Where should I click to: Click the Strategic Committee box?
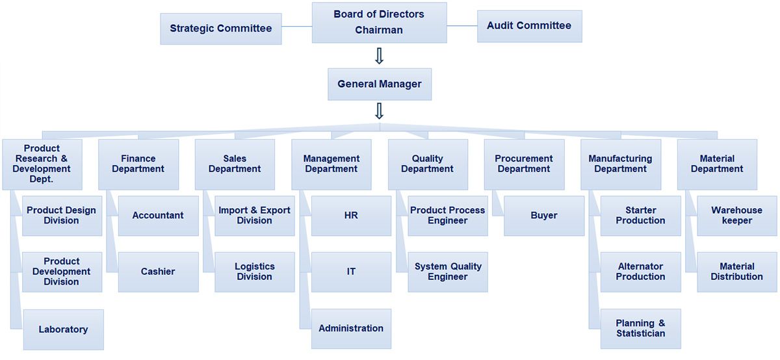221,29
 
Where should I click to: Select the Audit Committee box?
529,26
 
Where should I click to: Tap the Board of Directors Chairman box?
379,22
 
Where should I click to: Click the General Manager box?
379,84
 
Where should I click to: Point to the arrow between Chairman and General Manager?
380,55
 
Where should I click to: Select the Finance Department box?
138,164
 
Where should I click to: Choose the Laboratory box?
63,329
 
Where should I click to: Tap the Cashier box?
158,272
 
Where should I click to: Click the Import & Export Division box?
254,216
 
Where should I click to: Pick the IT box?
351,272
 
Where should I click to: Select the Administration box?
351,328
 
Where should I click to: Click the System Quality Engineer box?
448,272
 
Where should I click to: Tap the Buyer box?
544,216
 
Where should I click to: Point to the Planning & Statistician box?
641,328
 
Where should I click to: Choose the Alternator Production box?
641,272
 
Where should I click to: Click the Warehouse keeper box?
737,216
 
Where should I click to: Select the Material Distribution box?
737,272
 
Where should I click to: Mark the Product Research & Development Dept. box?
42,164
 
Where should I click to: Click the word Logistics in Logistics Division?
254,266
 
